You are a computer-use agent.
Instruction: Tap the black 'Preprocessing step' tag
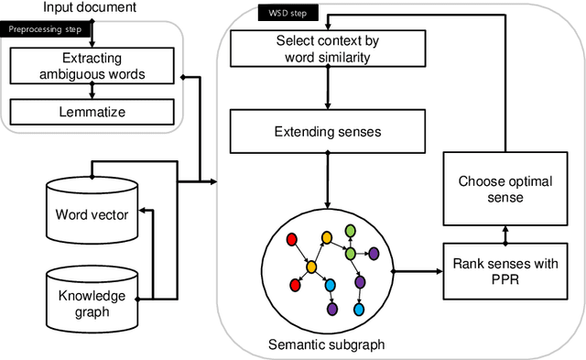pos(46,28)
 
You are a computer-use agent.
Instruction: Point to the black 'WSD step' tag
pos(288,15)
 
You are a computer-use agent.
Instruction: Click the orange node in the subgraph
pos(311,267)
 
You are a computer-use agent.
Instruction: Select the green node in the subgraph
pos(350,254)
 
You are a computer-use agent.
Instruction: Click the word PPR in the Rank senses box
pos(504,280)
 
